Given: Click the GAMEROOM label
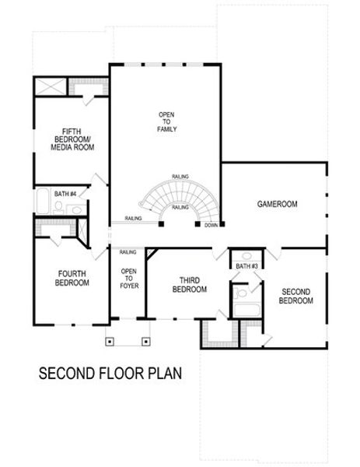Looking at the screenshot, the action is tap(277, 204).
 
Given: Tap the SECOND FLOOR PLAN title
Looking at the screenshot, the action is tap(110, 373).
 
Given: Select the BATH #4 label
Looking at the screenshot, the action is tap(65, 194).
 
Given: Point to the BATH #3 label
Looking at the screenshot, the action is tap(246, 266).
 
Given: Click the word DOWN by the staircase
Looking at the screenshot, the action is tap(211, 225).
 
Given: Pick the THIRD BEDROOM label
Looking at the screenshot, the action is tap(190, 285).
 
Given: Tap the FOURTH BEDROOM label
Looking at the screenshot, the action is tap(72, 278).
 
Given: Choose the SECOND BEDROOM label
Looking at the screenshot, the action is tap(296, 297).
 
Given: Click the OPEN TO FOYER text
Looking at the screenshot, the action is tap(129, 279).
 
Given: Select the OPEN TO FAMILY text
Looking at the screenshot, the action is tap(166, 122).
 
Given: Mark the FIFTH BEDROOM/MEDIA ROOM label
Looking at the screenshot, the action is tap(72, 139).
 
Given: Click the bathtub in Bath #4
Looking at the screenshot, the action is tap(43, 201).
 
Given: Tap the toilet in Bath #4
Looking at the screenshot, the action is tap(58, 207).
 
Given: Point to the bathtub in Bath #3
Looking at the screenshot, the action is tap(247, 310).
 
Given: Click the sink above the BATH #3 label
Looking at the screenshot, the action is tap(246, 256).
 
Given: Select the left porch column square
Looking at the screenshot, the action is tap(110, 342).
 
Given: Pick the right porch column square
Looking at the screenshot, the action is tap(145, 342).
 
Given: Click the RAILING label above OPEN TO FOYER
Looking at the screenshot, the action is tap(128, 252).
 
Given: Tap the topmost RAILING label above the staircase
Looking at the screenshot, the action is tap(180, 177).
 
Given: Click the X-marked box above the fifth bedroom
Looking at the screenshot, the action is tap(51, 86).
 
